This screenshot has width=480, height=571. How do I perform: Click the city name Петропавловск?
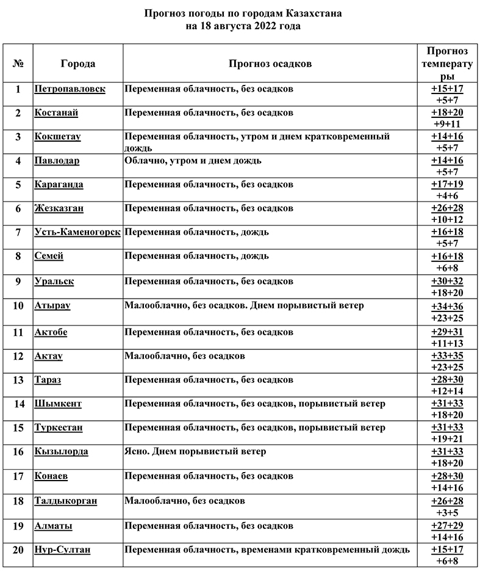click(x=70, y=89)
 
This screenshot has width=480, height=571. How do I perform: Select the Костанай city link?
click(x=56, y=113)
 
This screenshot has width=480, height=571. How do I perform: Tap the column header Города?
click(x=78, y=64)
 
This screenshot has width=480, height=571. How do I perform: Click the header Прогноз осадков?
click(x=270, y=64)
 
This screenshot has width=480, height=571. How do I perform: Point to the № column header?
click(x=18, y=64)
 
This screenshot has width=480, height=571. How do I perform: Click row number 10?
click(x=18, y=305)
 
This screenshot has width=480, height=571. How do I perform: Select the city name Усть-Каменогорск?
click(x=77, y=232)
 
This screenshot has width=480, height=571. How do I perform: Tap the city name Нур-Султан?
click(x=62, y=550)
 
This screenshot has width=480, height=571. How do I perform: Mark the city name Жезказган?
click(x=59, y=208)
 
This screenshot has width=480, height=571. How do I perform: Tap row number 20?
click(x=18, y=550)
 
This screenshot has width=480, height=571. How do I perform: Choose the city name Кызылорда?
click(x=61, y=452)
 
